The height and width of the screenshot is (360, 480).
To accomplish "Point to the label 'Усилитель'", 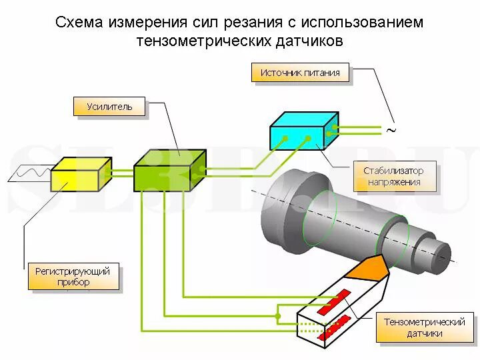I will tap(109, 106).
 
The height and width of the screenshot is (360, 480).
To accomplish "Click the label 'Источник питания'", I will tap(300, 73).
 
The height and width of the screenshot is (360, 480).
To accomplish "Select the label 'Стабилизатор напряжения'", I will tap(393, 176).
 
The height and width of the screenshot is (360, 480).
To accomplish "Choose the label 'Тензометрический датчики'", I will tap(424, 327).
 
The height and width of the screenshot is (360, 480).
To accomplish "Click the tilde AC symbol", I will tap(391, 131).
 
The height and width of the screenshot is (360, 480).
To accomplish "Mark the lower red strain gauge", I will tap(335, 327).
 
